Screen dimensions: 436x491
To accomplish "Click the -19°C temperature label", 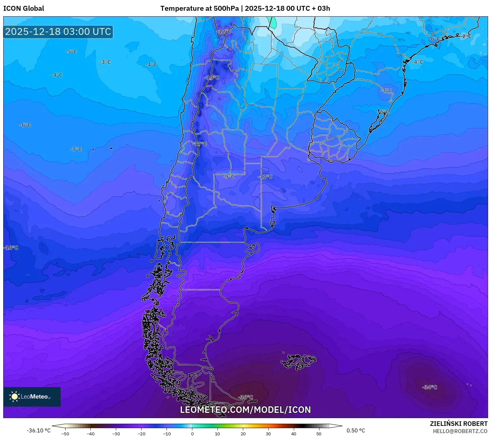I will [212, 78].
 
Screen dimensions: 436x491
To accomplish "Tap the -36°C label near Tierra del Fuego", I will [246, 397].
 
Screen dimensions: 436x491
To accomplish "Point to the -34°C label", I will [429, 387].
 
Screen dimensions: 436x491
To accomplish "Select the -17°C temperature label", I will [200, 144].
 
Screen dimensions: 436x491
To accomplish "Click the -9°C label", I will [229, 177].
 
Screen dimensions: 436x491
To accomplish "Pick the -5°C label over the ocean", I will [71, 52].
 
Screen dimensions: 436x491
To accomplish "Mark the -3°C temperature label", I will [105, 62].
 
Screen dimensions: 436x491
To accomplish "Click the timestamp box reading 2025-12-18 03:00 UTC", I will [58, 32].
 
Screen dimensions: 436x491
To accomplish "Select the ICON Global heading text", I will [23, 8].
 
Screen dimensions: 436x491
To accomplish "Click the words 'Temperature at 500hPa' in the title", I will [199, 8].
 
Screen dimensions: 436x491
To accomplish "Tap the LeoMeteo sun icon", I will [14, 397].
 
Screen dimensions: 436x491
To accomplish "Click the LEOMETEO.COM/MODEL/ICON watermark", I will [245, 410].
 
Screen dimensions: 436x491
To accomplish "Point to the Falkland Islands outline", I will [298, 361].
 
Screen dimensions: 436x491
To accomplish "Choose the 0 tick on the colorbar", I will [192, 433].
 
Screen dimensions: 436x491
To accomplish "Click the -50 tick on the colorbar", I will [65, 433].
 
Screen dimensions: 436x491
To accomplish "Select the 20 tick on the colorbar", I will [243, 433].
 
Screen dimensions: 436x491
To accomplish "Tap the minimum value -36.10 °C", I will [38, 430].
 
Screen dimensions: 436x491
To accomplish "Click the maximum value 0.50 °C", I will [355, 430].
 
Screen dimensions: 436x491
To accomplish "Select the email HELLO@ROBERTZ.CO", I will [460, 431].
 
